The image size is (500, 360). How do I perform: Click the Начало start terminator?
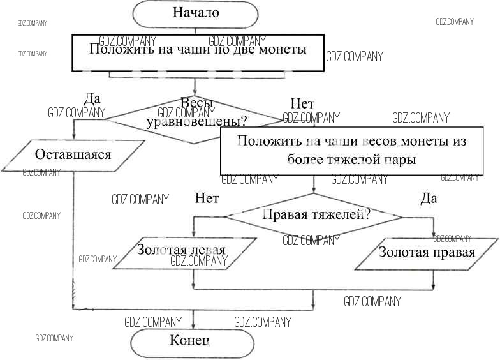click(x=196, y=12)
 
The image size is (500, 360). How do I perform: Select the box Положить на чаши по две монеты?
click(x=198, y=50)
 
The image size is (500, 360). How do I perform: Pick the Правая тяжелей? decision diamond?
click(x=313, y=216)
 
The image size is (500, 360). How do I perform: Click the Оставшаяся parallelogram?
click(x=73, y=155)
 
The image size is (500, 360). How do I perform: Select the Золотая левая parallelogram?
click(x=182, y=250)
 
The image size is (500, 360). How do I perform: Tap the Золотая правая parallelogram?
click(x=427, y=252)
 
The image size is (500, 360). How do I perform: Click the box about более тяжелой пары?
click(x=351, y=150)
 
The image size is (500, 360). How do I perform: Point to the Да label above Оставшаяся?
click(x=92, y=100)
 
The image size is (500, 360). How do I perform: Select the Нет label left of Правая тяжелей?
click(x=207, y=199)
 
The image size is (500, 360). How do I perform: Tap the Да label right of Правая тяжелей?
click(x=429, y=199)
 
